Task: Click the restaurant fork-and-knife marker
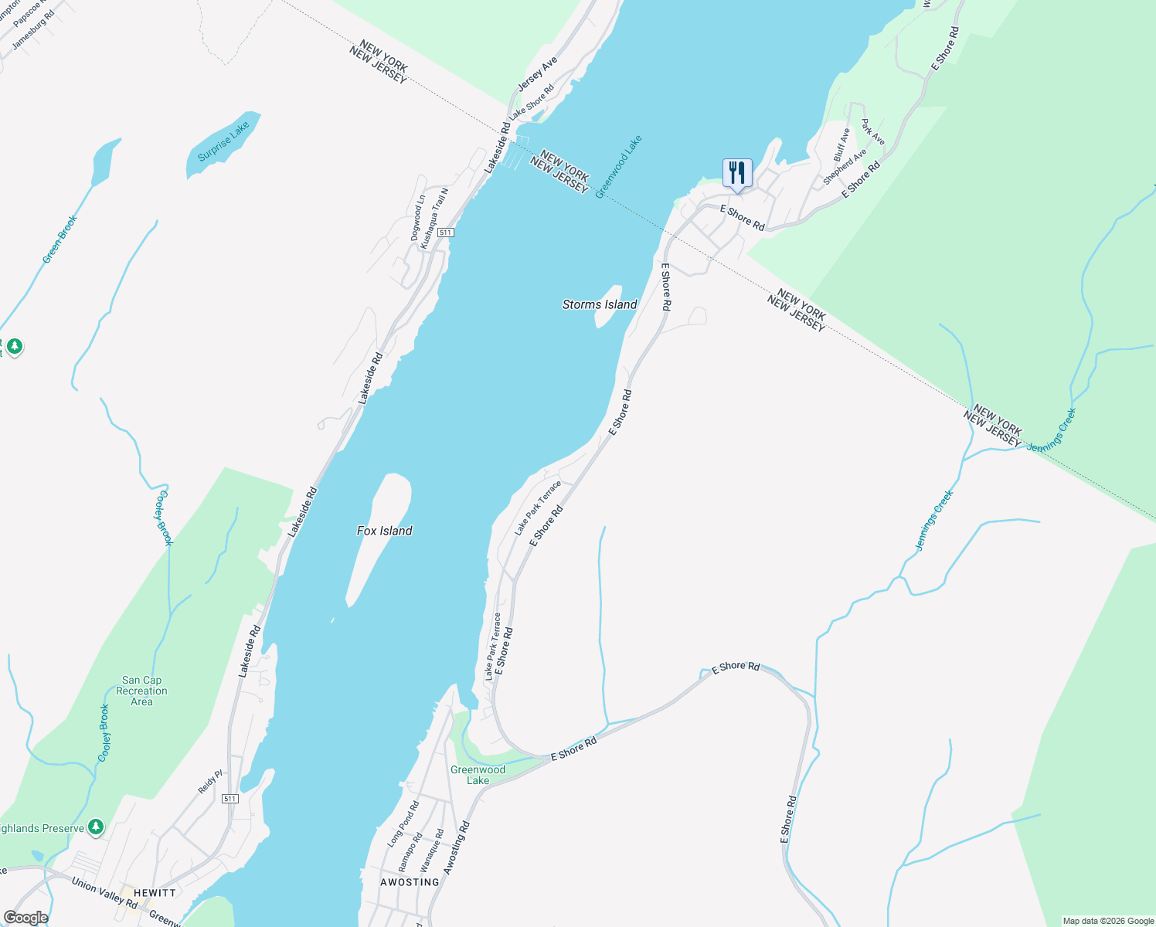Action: (x=737, y=172)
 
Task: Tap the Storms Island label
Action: (x=600, y=304)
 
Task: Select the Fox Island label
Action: (x=384, y=531)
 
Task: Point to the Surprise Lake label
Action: (x=223, y=141)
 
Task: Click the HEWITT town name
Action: (x=155, y=892)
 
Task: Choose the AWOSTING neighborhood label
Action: (x=410, y=882)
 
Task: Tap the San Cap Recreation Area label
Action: (x=141, y=691)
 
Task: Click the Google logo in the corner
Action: (x=25, y=918)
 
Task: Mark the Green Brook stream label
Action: (x=59, y=239)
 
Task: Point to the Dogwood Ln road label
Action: (x=418, y=217)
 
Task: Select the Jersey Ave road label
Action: (x=537, y=73)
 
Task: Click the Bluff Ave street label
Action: (x=841, y=144)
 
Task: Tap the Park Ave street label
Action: (x=873, y=131)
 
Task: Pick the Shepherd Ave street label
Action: (x=845, y=167)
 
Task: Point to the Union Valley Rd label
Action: (x=104, y=893)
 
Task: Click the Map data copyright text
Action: (x=1108, y=921)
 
